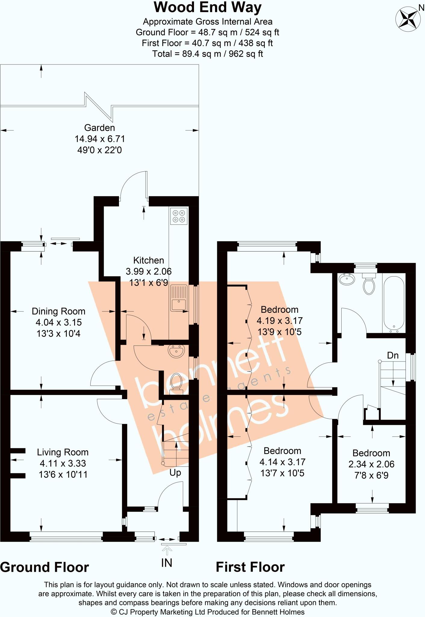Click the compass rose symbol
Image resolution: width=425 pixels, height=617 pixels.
pyautogui.click(x=408, y=19)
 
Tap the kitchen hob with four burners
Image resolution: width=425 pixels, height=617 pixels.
pyautogui.click(x=179, y=216)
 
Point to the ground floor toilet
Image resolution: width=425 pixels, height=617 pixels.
pyautogui.click(x=176, y=383)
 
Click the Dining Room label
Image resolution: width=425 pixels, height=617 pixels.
pyautogui.click(x=58, y=311)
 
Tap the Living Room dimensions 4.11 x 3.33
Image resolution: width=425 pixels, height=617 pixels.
pyautogui.click(x=63, y=463)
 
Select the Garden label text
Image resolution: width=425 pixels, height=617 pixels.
pyautogui.click(x=99, y=128)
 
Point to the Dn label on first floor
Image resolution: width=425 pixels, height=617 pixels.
pyautogui.click(x=392, y=355)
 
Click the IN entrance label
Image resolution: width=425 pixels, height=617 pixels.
pyautogui.click(x=167, y=562)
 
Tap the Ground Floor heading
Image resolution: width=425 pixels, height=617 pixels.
pyautogui.click(x=45, y=567)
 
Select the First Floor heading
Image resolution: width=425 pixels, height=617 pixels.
pyautogui.click(x=250, y=567)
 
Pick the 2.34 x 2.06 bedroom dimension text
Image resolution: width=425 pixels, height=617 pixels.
pyautogui.click(x=371, y=464)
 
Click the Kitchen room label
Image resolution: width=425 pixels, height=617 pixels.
pyautogui.click(x=148, y=260)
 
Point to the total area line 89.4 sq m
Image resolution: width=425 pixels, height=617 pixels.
pyautogui.click(x=208, y=54)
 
